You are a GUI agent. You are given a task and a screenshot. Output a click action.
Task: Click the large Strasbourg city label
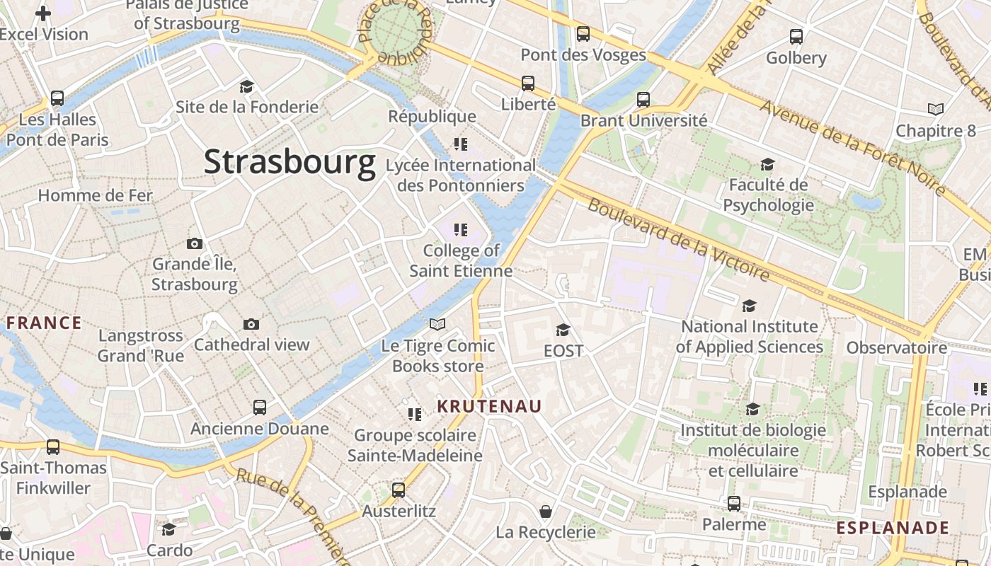pyautogui.click(x=290, y=162)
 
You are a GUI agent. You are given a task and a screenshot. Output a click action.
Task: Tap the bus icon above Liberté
pyautogui.click(x=528, y=83)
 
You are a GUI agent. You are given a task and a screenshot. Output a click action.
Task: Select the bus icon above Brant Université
pyautogui.click(x=643, y=100)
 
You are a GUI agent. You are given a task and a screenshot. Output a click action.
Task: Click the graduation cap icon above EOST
pyautogui.click(x=563, y=330)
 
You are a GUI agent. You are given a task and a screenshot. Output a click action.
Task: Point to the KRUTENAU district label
pyautogui.click(x=489, y=406)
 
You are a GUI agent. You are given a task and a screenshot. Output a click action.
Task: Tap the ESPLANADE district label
pyautogui.click(x=893, y=528)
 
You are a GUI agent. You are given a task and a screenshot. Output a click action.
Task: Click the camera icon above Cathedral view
pyautogui.click(x=251, y=324)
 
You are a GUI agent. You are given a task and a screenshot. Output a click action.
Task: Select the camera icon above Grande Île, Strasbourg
pyautogui.click(x=195, y=244)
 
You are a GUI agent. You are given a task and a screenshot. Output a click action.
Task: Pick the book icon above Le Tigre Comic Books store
pyautogui.click(x=438, y=325)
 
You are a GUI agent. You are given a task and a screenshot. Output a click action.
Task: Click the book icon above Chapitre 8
pyautogui.click(x=936, y=110)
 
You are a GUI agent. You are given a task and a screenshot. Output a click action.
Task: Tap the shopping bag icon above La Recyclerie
pyautogui.click(x=546, y=511)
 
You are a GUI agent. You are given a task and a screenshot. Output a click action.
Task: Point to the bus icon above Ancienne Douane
pyautogui.click(x=260, y=408)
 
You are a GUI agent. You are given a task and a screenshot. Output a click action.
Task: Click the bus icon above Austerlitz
pyautogui.click(x=399, y=490)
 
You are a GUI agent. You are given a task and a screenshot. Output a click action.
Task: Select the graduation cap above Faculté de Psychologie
pyautogui.click(x=767, y=165)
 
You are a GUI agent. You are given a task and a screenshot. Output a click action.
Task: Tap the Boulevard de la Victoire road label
pyautogui.click(x=678, y=239)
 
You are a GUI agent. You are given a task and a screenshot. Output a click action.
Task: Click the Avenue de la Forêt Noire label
pyautogui.click(x=852, y=147)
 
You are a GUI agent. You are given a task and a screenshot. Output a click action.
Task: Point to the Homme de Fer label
pyautogui.click(x=95, y=195)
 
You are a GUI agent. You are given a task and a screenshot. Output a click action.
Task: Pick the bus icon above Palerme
pyautogui.click(x=734, y=504)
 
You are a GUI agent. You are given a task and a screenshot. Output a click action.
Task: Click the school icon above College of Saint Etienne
pyautogui.click(x=461, y=230)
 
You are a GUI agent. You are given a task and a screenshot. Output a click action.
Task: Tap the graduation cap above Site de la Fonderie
pyautogui.click(x=246, y=86)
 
